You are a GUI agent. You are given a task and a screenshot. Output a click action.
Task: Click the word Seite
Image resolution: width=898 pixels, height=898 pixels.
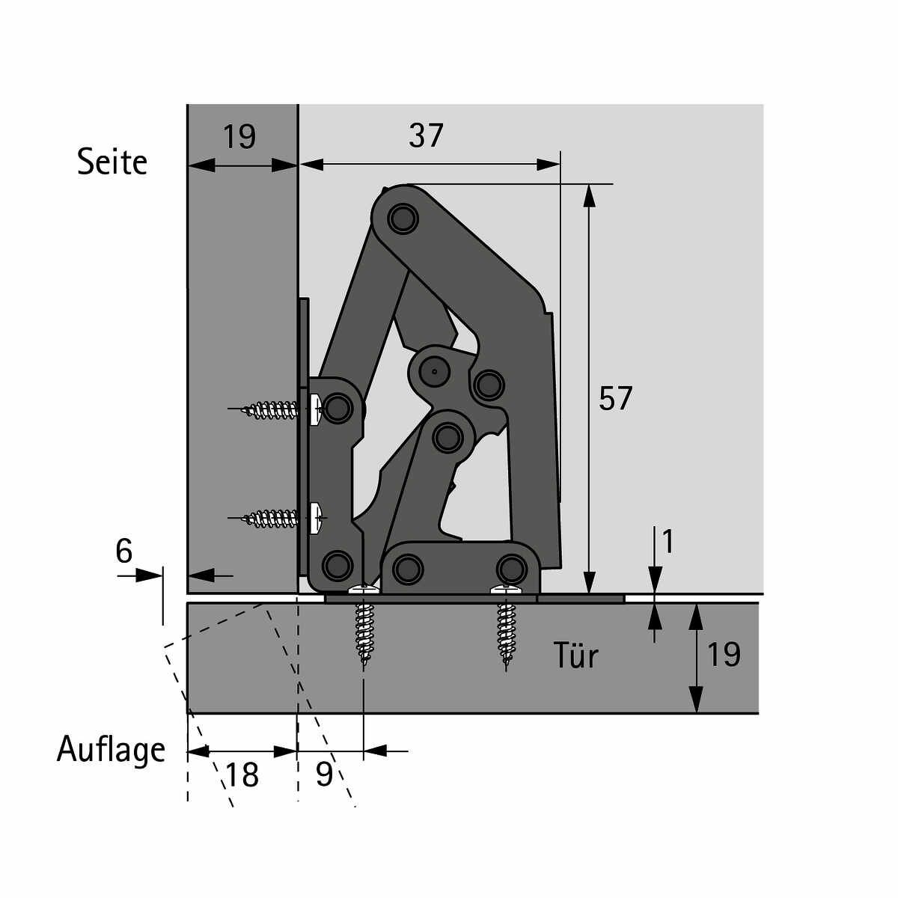coord(112,162)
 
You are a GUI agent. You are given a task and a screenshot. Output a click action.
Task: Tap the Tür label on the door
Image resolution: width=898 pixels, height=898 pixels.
coord(576,656)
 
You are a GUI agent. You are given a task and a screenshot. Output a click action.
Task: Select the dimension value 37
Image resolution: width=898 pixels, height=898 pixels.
coord(426,135)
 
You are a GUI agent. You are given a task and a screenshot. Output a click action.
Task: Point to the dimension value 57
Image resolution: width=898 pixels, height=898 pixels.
coord(615,398)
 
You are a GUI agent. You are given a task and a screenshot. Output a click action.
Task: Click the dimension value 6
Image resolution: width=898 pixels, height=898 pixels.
coord(124,551)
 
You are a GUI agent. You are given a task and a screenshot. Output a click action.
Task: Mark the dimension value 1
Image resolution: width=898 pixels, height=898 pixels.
coord(668,542)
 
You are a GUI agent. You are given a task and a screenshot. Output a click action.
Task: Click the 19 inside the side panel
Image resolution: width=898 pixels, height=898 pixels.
coord(239,136)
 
